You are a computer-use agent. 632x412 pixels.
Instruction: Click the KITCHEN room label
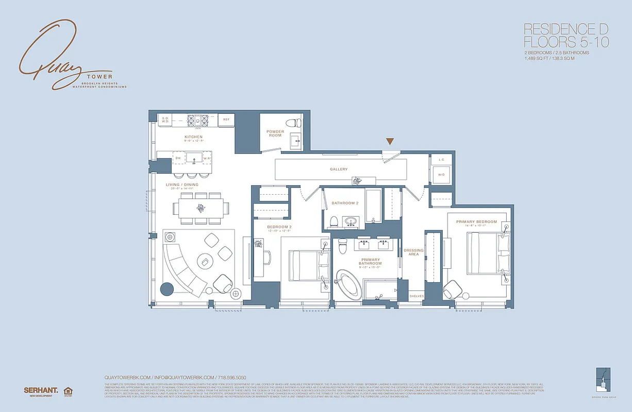[193, 137]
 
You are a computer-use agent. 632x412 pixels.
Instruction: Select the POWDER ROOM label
[275, 133]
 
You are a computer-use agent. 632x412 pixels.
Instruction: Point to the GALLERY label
[339, 169]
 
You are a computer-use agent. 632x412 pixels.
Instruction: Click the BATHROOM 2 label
[345, 203]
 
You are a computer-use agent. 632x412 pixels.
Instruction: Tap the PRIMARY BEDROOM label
[476, 222]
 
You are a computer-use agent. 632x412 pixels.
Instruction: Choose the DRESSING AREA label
[413, 252]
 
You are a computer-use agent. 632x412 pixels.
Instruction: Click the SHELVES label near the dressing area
[417, 296]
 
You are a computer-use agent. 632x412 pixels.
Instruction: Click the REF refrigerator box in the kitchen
[226, 119]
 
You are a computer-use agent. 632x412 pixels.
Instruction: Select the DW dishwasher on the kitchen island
[178, 158]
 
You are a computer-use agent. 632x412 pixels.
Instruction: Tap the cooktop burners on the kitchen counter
[197, 120]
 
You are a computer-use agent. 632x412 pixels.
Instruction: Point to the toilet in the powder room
[295, 123]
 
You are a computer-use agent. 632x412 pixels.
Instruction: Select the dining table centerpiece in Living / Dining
[201, 208]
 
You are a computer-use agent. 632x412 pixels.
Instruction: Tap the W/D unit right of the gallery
[441, 175]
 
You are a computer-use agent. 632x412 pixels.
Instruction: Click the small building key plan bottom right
[602, 379]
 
